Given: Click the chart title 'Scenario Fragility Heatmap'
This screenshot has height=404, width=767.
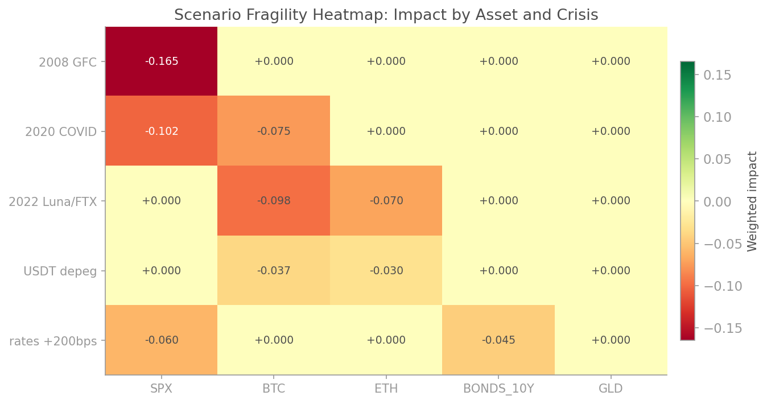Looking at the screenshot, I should coord(386,15).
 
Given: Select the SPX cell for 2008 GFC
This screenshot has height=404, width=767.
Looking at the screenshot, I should coord(162,61).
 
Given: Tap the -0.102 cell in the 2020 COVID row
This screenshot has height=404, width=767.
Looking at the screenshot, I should coord(162,131).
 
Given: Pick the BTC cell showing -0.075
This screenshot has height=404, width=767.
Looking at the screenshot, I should coord(274,131).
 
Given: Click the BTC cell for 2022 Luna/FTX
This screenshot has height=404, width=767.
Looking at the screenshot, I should coord(274,201).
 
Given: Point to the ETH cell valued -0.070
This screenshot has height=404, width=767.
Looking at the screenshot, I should coord(386,201).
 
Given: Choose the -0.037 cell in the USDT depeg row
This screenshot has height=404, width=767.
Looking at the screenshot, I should coord(274,271).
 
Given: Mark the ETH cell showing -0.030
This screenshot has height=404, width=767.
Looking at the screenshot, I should coord(386,271).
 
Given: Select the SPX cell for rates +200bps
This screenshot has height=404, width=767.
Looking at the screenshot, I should coord(162,340).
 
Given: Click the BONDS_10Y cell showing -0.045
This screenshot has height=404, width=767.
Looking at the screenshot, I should coord(498,340).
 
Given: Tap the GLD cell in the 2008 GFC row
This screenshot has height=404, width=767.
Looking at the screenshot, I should coord(611,61).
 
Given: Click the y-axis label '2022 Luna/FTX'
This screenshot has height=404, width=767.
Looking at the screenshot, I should coord(52,201).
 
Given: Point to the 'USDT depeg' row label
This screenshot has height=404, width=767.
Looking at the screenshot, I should coord(60,271).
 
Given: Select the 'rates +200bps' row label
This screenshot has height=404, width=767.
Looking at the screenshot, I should coord(53,341).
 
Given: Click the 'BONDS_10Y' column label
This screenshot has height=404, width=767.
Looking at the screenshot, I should coord(498,389).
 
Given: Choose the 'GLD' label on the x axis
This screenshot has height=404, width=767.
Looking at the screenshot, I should coord(611,389).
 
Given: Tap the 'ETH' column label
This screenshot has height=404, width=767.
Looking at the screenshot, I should coord(386,389).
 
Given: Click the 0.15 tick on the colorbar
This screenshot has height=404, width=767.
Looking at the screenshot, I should coord(717,75).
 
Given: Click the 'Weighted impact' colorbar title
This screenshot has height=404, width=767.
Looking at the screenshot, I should coord(753,201).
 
